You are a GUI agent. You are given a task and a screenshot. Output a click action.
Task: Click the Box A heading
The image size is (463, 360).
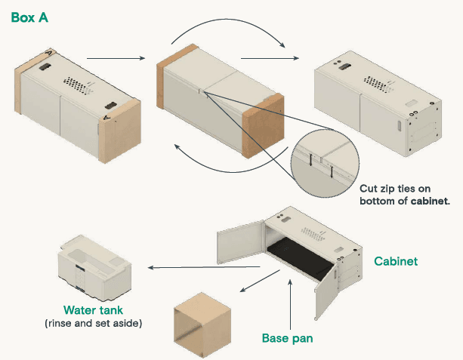(x=29, y=16)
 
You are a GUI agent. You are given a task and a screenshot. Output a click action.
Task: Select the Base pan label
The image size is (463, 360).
(x=287, y=338)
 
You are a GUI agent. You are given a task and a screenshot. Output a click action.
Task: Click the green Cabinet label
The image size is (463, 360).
(x=396, y=262)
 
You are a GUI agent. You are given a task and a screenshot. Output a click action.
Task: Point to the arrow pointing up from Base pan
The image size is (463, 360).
(x=291, y=303)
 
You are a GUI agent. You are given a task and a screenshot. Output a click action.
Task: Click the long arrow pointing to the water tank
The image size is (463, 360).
(x=204, y=266)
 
